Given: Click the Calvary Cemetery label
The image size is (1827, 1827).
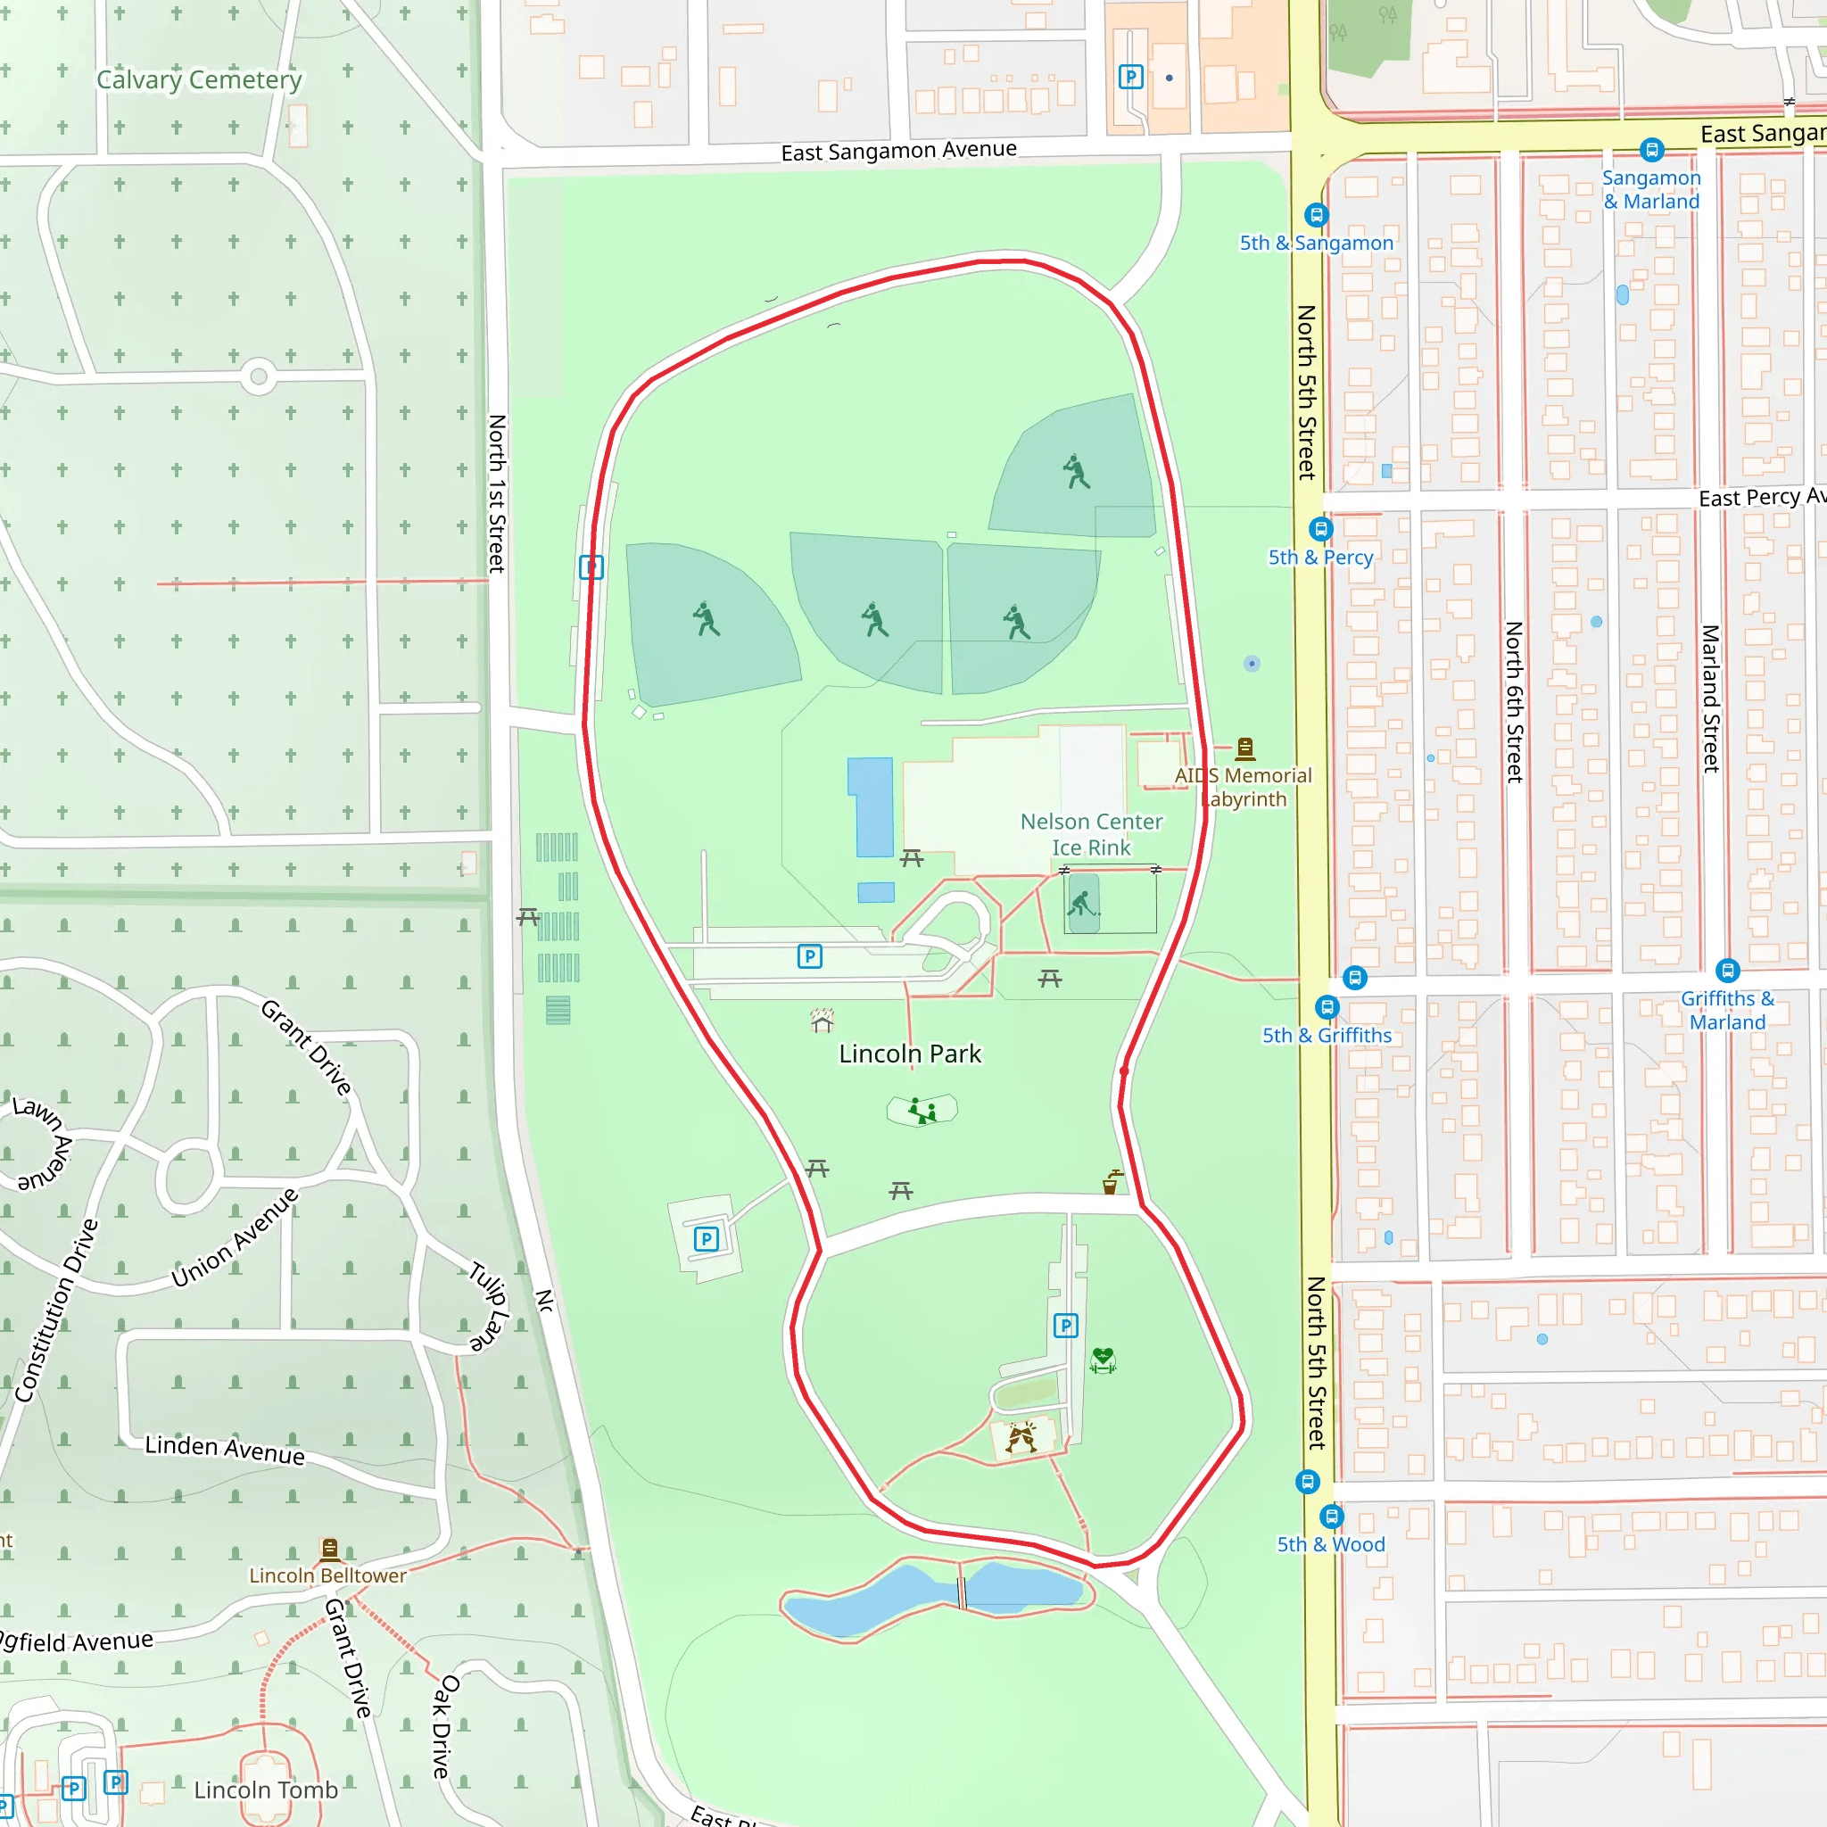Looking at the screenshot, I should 199,80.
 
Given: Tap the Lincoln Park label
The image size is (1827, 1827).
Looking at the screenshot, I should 910,1054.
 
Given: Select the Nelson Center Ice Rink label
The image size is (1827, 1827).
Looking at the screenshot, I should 1091,834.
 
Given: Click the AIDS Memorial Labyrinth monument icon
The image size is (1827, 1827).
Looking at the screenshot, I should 1245,749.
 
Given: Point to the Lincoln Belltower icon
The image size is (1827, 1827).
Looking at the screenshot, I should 330,1549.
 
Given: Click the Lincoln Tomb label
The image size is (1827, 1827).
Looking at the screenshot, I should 266,1790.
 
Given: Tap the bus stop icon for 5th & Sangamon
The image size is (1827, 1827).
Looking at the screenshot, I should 1317,216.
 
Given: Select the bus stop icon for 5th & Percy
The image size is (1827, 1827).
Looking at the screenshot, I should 1321,529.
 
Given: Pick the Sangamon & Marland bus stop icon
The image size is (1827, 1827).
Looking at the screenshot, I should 1651,149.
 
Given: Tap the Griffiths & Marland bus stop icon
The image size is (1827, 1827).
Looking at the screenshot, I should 1727,971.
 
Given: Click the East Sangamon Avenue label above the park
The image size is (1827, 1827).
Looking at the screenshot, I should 898,151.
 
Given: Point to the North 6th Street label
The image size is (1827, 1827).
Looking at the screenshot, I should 1514,702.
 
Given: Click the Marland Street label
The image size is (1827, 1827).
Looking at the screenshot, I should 1710,698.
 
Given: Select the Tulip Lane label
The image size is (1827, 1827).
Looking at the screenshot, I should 489,1306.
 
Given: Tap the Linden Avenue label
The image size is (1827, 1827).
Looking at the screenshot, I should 225,1449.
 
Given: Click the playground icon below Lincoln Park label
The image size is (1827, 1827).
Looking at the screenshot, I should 922,1110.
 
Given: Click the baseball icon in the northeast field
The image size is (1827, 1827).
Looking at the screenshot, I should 1076,471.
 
